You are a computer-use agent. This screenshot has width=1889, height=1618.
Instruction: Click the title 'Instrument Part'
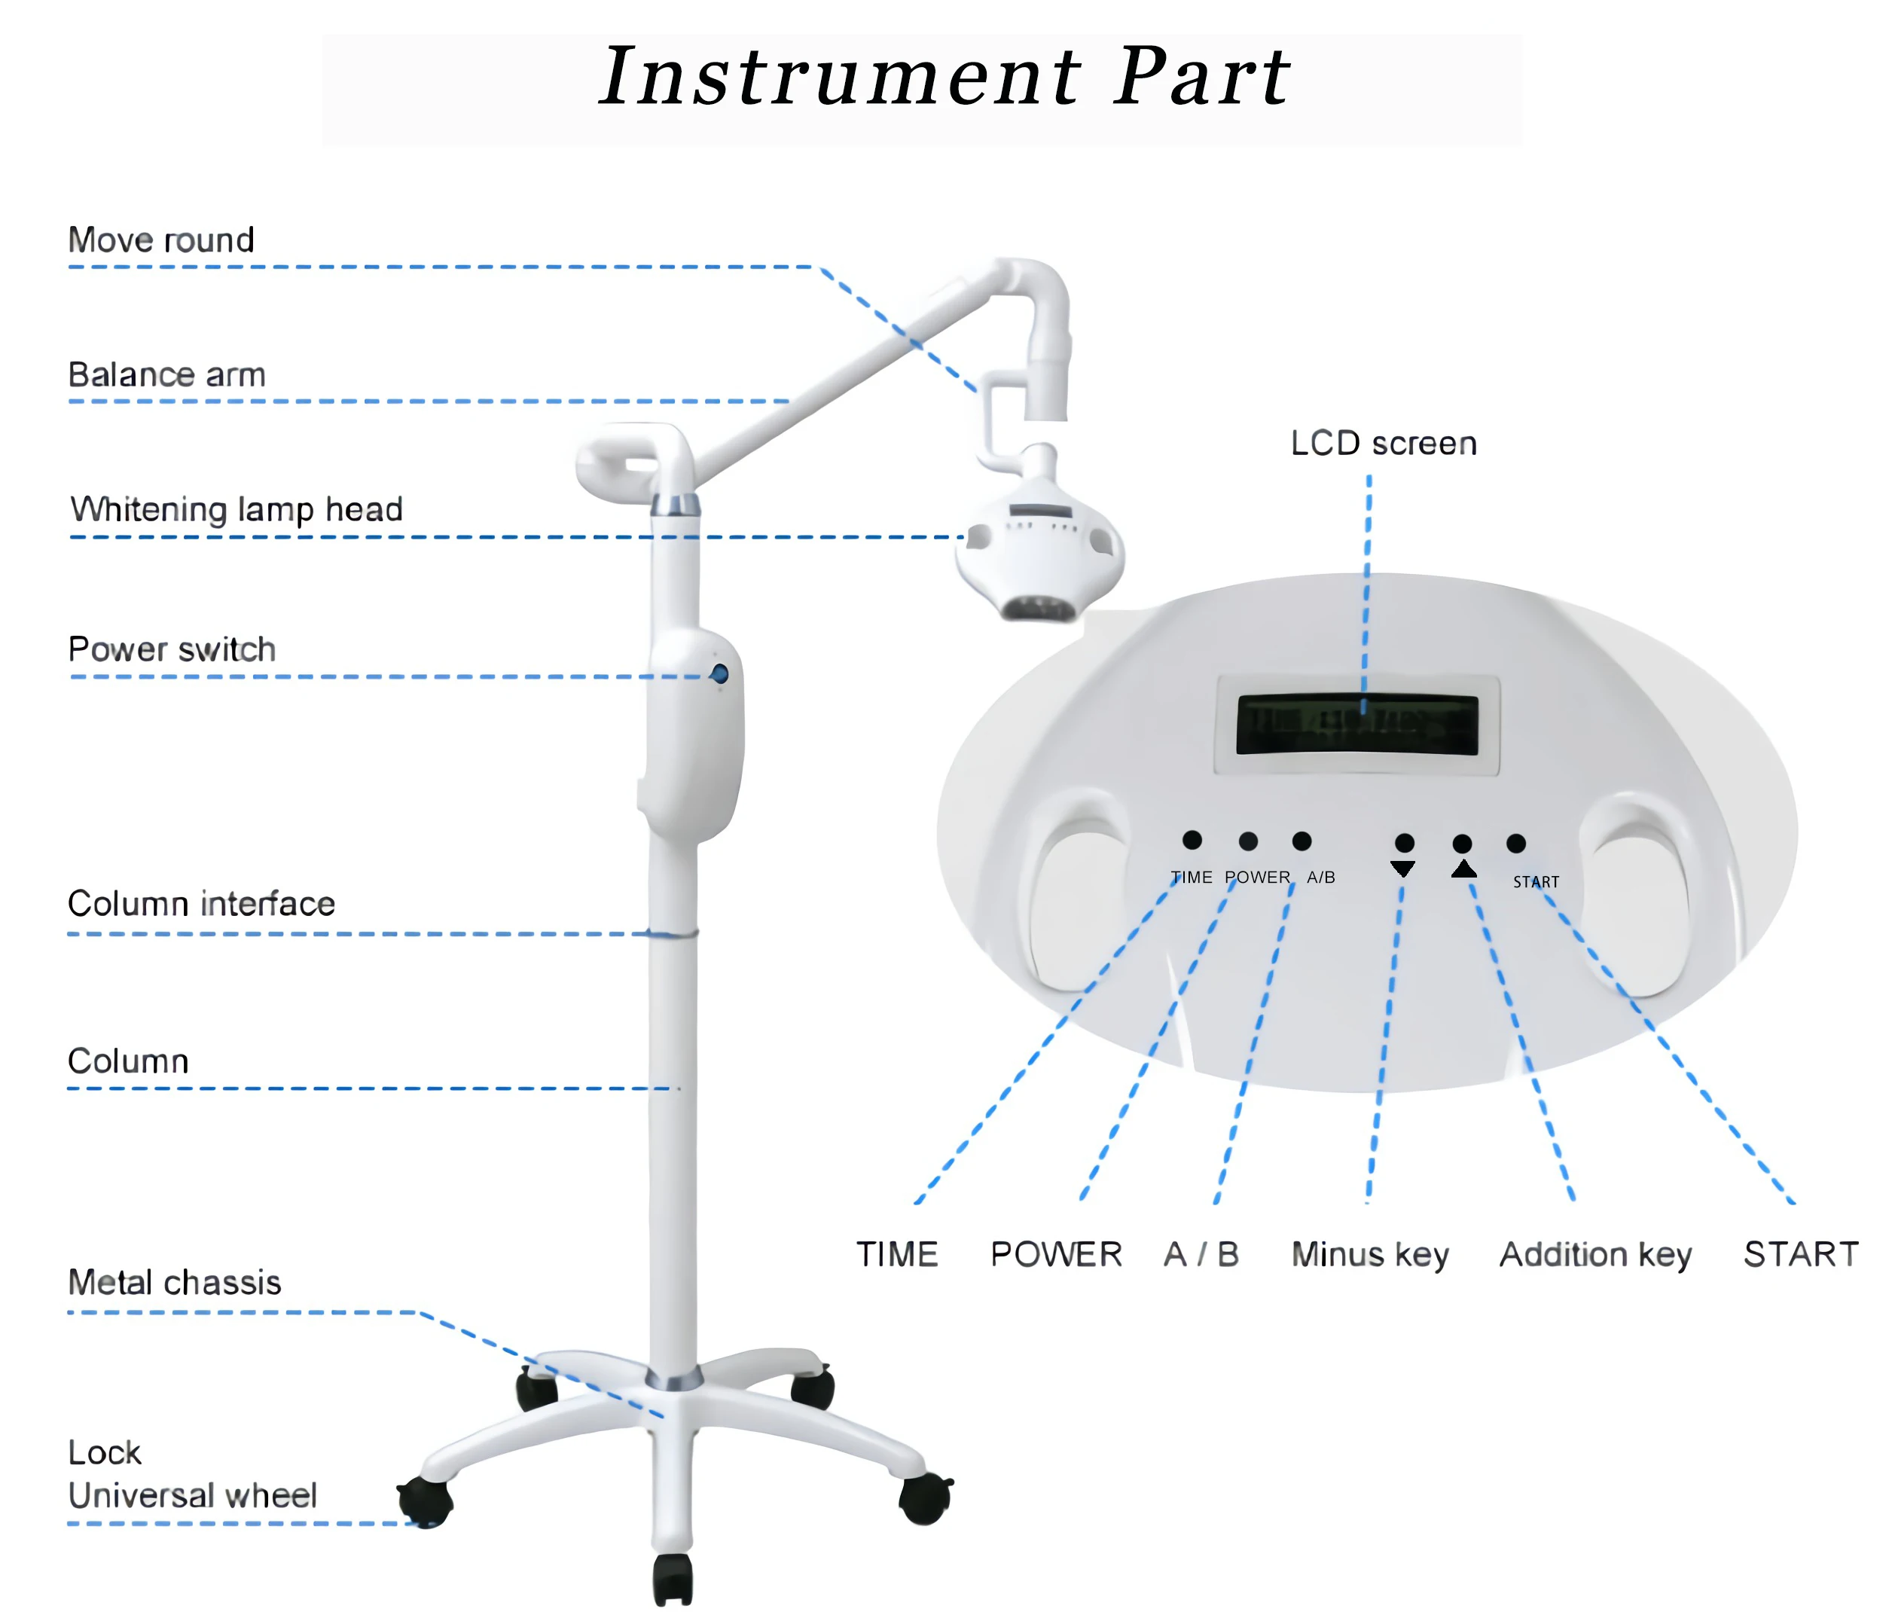944,77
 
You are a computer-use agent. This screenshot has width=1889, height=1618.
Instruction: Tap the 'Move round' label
161,240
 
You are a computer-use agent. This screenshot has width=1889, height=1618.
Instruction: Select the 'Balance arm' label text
167,374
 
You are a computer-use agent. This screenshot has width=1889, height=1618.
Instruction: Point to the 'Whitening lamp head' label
237,509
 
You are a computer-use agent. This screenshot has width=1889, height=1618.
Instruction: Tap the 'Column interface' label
202,904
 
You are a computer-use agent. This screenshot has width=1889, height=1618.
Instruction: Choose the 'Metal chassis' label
175,1283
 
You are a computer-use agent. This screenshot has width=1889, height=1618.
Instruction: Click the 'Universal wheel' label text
192,1496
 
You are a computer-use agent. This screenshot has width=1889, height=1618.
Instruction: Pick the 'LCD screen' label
1383,444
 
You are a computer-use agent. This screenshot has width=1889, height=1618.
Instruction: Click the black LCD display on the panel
1356,725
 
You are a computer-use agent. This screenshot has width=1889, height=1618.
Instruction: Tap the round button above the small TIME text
1192,840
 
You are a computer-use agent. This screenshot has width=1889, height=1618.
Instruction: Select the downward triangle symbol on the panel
1403,869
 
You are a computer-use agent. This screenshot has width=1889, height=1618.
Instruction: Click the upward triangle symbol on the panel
1463,869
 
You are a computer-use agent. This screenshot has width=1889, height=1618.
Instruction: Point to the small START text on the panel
1537,881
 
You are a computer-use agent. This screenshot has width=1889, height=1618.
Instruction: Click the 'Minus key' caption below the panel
1369,1255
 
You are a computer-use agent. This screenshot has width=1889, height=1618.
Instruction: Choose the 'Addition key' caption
1595,1255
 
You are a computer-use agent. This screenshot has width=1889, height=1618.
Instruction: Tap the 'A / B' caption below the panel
1201,1254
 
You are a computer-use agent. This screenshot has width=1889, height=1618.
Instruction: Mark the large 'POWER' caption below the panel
1056,1254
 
